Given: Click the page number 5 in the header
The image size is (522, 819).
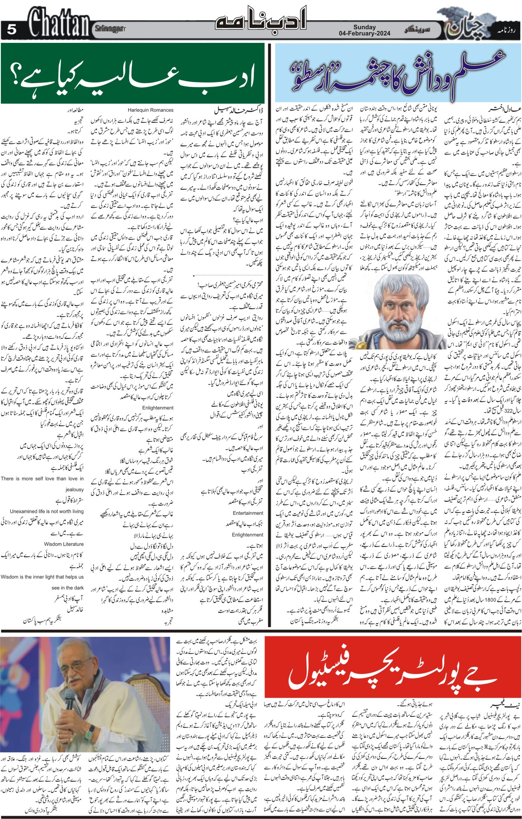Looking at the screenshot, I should tap(12, 30).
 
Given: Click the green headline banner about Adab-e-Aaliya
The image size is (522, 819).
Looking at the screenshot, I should tap(132, 73).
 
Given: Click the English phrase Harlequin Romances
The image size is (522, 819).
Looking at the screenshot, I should tap(150, 110).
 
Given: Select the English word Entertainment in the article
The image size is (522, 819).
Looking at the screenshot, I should tap(248, 513).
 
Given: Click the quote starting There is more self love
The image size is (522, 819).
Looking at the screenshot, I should tap(42, 479).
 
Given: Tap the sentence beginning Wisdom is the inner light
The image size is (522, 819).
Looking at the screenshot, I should tap(42, 577).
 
